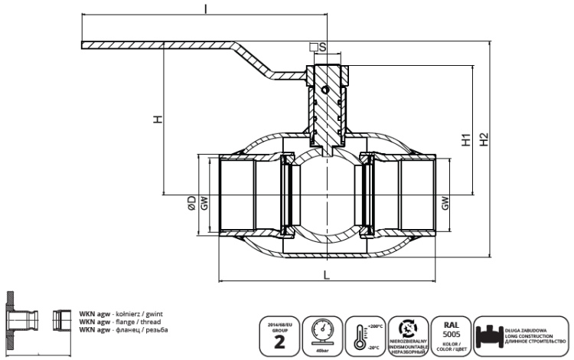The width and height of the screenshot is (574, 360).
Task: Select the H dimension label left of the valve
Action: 158,119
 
